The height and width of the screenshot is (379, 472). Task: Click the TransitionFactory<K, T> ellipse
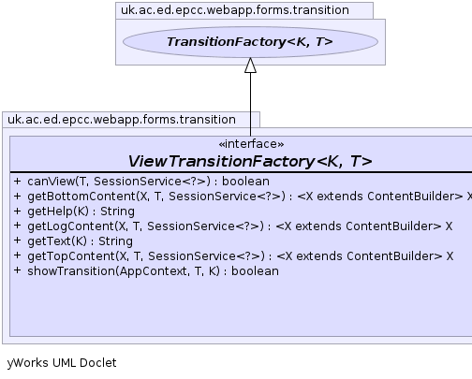(x=250, y=42)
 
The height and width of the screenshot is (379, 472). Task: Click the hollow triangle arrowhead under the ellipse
(x=250, y=66)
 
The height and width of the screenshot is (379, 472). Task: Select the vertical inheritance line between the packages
(x=250, y=104)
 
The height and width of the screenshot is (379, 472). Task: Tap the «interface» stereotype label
(x=251, y=144)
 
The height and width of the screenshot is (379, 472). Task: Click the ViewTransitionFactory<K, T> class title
(x=250, y=161)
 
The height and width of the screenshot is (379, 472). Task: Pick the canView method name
(x=52, y=182)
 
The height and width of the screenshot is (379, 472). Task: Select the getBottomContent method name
(x=81, y=197)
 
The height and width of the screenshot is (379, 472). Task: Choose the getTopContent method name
(x=71, y=256)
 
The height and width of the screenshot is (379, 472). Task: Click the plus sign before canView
(x=18, y=181)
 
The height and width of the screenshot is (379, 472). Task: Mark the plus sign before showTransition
(x=18, y=270)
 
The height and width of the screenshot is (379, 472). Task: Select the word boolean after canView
(x=245, y=182)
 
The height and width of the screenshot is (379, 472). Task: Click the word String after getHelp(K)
(x=117, y=211)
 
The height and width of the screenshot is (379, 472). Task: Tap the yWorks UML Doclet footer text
(x=62, y=363)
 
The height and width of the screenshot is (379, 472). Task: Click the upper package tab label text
(x=235, y=10)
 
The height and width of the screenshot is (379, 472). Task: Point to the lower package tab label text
(x=122, y=120)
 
